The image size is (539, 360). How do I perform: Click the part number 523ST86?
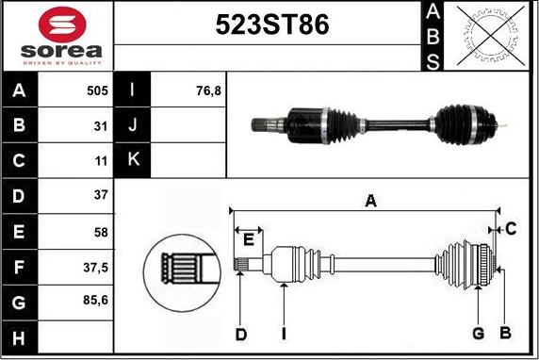click(x=272, y=25)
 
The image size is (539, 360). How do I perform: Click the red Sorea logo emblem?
click(x=62, y=25)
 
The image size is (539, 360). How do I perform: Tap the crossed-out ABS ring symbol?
click(x=491, y=36)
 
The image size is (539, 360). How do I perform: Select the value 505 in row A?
click(x=97, y=90)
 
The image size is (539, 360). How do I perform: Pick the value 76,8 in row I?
click(x=208, y=90)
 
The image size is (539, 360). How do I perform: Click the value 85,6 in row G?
click(x=95, y=301)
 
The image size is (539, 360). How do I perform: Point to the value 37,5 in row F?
click(x=95, y=267)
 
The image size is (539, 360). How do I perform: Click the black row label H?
click(x=19, y=337)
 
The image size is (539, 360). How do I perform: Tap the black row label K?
click(x=132, y=159)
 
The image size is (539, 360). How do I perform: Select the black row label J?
click(x=132, y=124)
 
